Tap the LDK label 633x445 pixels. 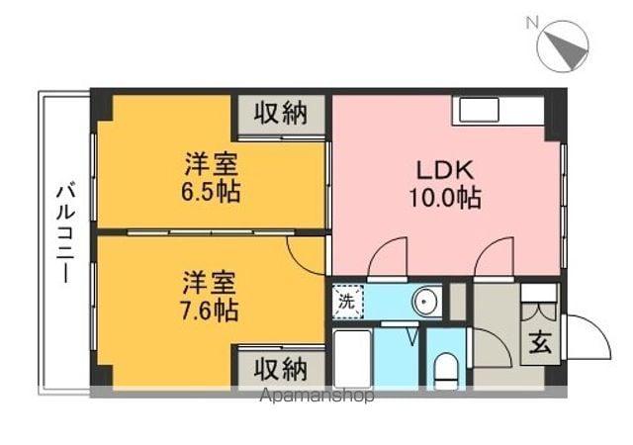click(444, 168)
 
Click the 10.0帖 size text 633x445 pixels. click(444, 198)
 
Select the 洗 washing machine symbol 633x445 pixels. click(346, 300)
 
